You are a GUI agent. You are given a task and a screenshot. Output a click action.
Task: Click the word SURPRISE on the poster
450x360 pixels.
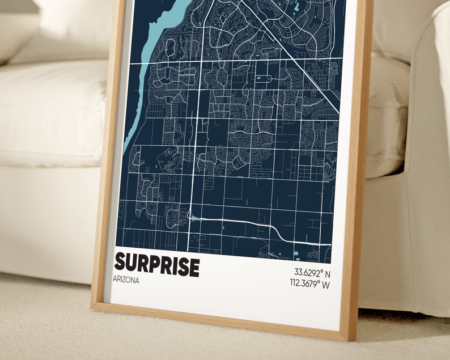click(157, 265)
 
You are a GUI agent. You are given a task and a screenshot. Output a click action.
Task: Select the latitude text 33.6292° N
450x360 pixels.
click(311, 272)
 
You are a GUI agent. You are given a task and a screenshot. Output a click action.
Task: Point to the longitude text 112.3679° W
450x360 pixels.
click(309, 283)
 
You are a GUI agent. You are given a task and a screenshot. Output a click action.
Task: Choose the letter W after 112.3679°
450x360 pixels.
click(325, 283)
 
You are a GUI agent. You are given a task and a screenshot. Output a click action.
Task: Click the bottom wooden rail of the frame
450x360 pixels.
click(221, 320)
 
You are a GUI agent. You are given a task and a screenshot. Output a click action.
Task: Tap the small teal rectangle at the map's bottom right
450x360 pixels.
click(296, 250)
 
